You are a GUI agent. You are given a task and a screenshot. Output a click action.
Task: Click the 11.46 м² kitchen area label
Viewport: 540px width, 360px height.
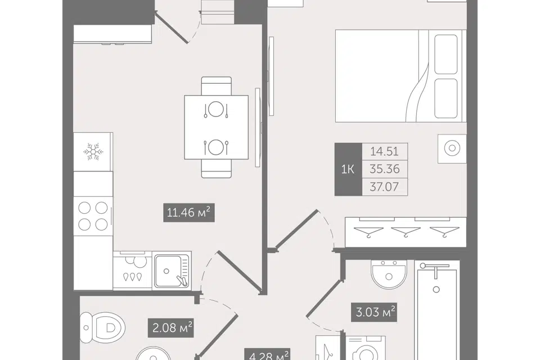click(189, 213)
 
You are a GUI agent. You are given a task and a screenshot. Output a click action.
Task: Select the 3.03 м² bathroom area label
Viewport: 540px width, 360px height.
click(374, 312)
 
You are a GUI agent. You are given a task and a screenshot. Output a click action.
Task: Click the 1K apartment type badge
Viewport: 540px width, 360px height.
click(348, 169)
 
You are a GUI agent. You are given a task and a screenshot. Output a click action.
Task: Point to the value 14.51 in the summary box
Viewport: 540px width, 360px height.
click(384, 151)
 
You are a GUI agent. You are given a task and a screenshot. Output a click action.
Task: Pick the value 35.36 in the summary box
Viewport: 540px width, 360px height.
click(384, 169)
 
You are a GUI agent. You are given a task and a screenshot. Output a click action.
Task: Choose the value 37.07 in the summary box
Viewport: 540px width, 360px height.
click(384, 187)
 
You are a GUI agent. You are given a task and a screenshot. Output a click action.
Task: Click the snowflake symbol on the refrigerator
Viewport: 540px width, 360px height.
click(93, 151)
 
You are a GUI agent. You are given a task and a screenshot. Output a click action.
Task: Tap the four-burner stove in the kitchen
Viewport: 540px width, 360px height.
click(93, 216)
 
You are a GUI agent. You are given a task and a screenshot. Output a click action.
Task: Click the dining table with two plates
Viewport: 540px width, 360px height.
click(216, 127)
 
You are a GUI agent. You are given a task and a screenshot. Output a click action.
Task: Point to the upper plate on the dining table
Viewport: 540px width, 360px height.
click(216, 110)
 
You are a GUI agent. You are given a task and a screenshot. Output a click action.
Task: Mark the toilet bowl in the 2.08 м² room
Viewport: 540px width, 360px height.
click(103, 327)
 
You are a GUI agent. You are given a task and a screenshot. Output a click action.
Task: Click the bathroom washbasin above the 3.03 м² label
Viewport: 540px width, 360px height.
click(389, 274)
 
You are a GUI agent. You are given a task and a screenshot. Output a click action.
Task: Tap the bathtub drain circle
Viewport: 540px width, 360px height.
click(436, 289)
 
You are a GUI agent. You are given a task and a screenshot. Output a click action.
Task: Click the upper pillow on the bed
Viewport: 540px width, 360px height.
click(446, 54)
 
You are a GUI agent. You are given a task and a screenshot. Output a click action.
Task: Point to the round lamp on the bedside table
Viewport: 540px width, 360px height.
click(452, 148)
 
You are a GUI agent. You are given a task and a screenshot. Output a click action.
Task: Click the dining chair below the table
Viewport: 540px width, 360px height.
click(216, 169)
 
